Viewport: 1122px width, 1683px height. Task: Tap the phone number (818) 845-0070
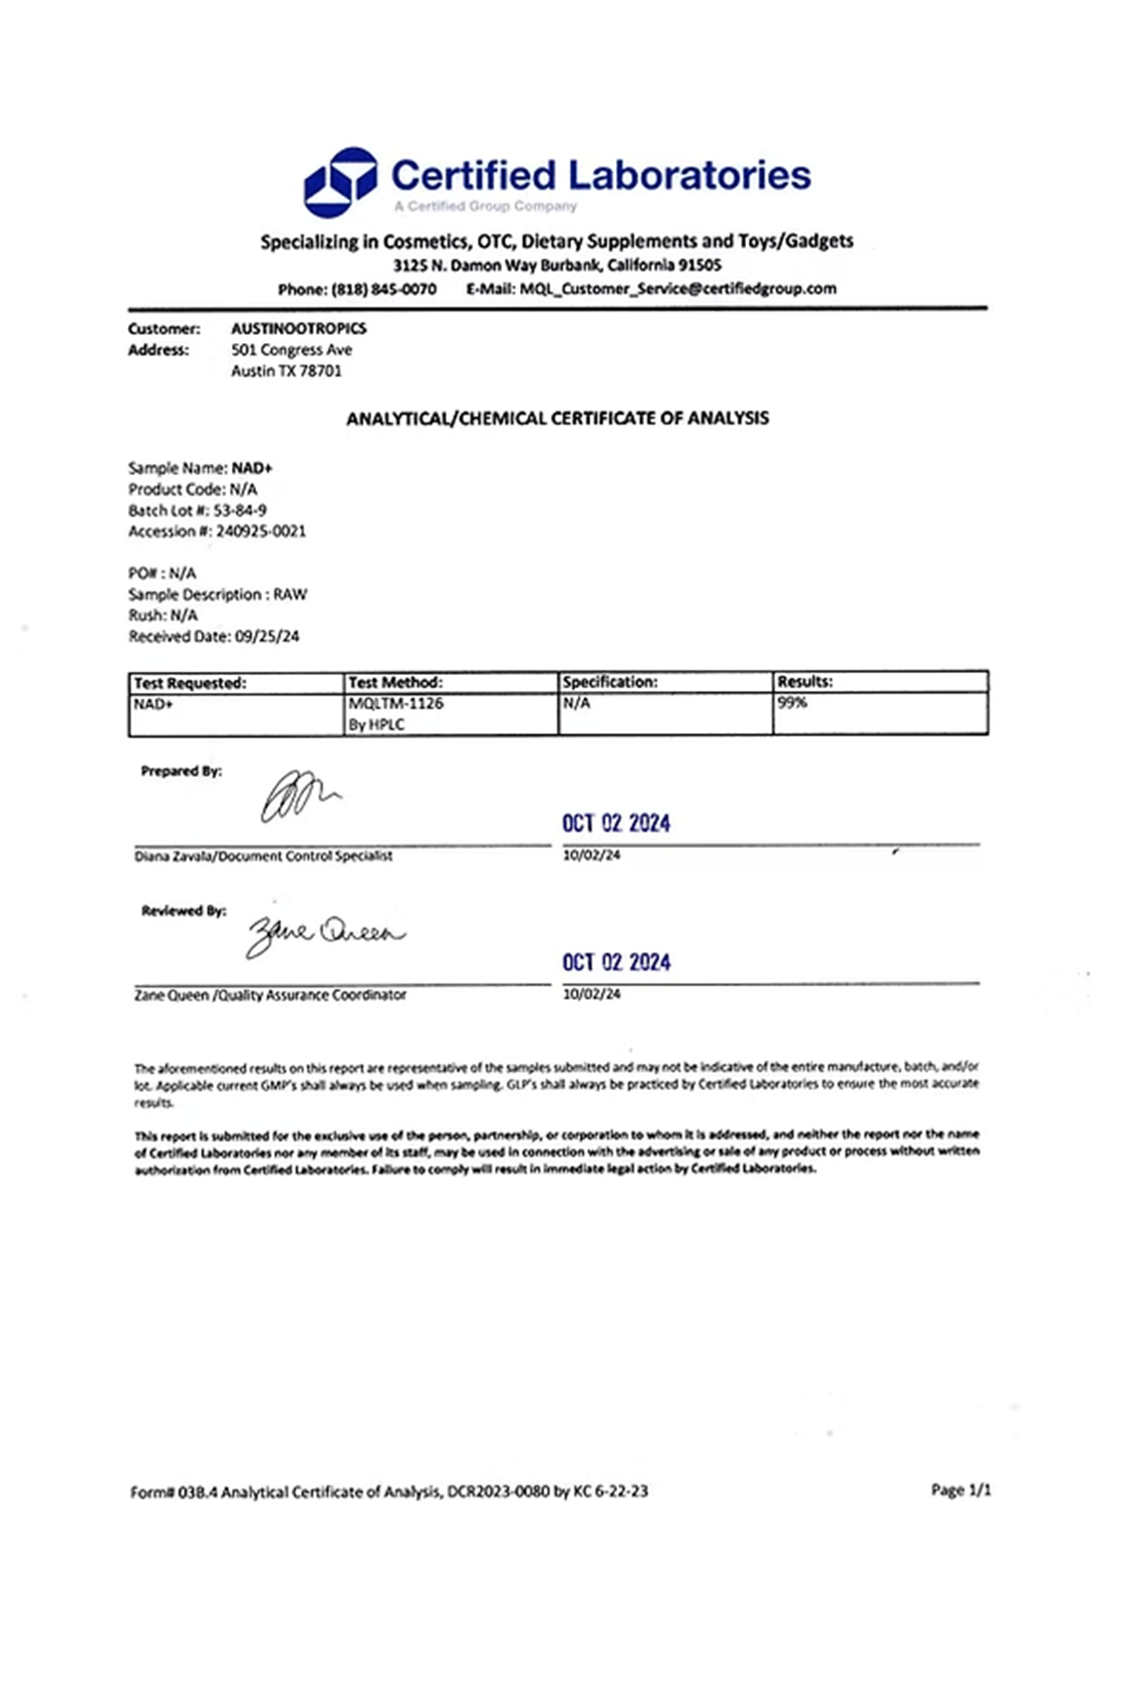click(383, 289)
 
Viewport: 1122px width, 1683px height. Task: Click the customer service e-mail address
click(678, 289)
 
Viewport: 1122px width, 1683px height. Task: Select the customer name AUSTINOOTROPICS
click(299, 328)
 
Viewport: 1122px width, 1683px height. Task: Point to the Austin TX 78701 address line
click(286, 371)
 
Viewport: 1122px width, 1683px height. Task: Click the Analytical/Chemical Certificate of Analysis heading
click(557, 419)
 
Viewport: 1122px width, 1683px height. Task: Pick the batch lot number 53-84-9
click(240, 511)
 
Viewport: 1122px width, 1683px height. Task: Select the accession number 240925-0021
click(261, 531)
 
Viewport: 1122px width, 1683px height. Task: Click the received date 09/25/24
click(267, 637)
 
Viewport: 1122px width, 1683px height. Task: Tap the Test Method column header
click(396, 683)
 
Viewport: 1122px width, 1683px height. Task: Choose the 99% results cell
click(792, 703)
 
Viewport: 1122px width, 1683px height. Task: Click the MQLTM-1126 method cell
click(396, 703)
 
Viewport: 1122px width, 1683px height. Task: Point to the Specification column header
click(610, 683)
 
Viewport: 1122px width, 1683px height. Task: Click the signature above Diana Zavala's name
click(299, 797)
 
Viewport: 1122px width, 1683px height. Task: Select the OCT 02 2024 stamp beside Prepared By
click(616, 824)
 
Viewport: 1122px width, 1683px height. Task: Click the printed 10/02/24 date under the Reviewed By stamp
click(591, 994)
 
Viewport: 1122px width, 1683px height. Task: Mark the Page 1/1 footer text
click(960, 1490)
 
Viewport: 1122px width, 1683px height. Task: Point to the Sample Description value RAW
click(290, 595)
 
